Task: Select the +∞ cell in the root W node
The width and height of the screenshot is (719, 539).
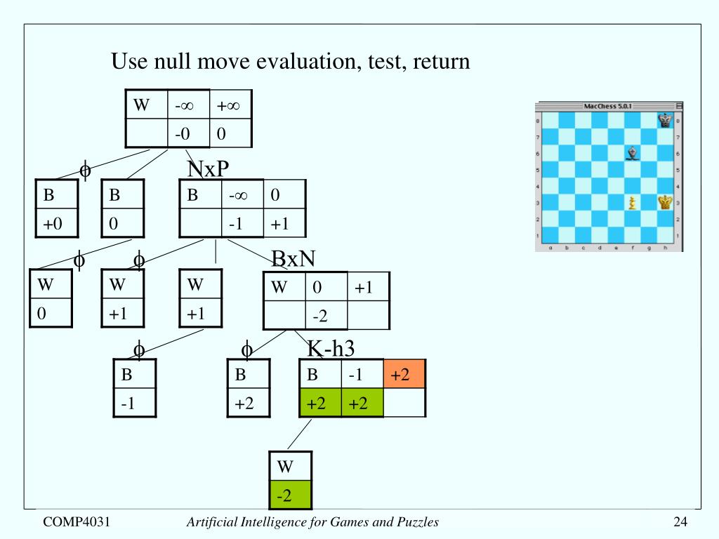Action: [x=230, y=105]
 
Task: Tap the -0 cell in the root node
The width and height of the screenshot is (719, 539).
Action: [x=187, y=133]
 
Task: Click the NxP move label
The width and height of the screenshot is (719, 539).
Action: [x=209, y=169]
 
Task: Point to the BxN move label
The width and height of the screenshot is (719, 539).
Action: [x=294, y=260]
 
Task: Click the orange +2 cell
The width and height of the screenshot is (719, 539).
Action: [x=404, y=375]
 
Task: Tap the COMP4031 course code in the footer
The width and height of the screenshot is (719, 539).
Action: [x=77, y=521]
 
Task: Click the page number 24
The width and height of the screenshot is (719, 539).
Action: [x=680, y=521]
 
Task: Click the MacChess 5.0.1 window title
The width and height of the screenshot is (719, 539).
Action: [x=608, y=106]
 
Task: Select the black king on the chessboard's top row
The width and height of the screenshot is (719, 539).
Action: [x=665, y=121]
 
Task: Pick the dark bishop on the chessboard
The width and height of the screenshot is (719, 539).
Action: [x=633, y=152]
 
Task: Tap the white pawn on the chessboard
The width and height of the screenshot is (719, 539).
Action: [x=633, y=203]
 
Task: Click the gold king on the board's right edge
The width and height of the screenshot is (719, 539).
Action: [x=665, y=203]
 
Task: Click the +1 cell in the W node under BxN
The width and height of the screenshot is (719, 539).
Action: [x=368, y=287]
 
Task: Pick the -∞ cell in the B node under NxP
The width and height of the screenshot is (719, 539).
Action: [x=242, y=194]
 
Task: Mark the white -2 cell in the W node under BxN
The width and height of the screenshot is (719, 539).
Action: [x=326, y=316]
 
